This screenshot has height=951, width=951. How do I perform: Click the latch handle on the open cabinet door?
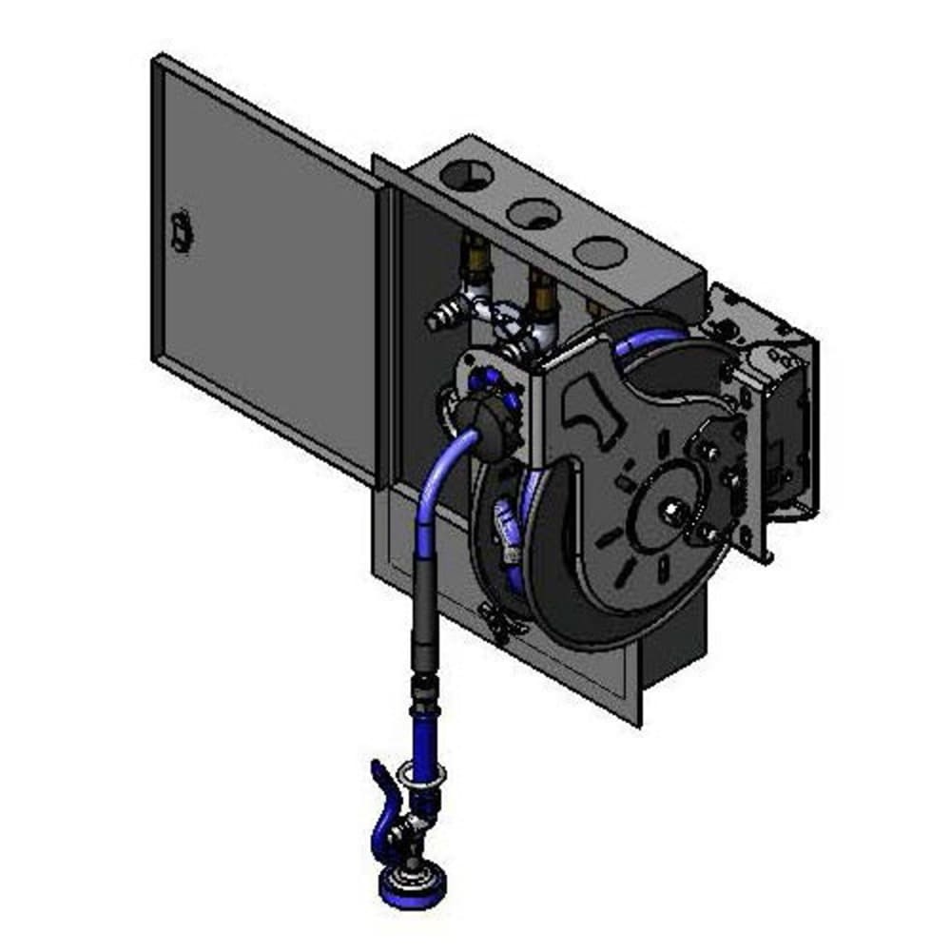179,231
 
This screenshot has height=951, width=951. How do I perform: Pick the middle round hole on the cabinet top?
533,214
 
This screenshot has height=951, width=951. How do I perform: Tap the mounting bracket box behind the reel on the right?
775,418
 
